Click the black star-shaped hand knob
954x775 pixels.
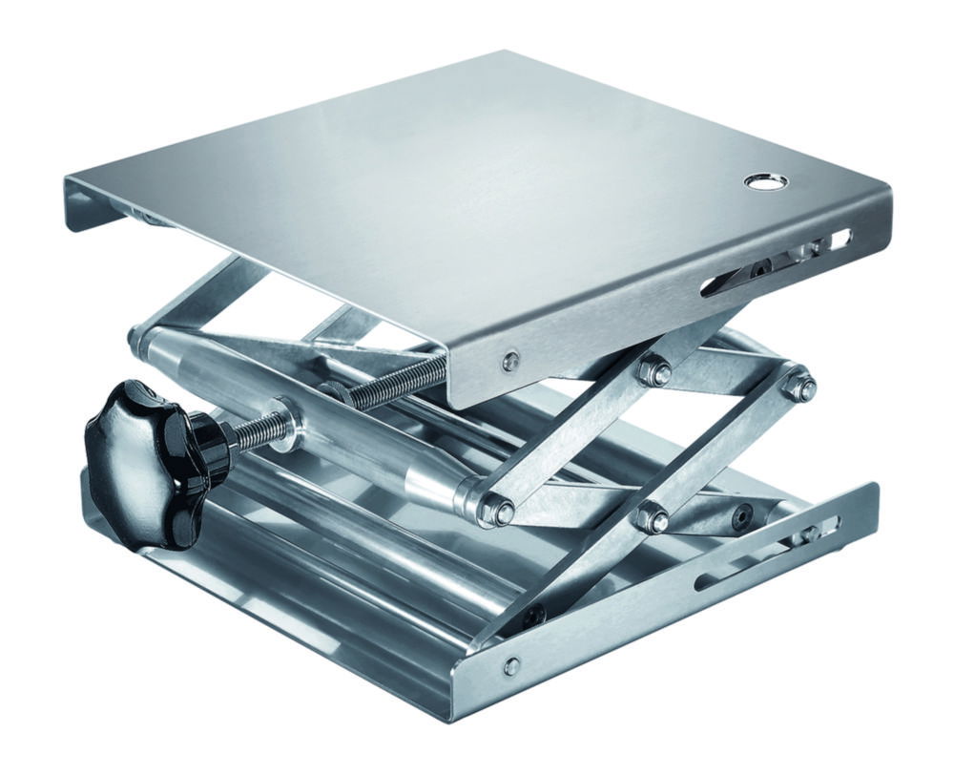[x=143, y=437]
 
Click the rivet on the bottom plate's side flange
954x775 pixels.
[x=512, y=664]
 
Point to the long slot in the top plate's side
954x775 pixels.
[x=754, y=271]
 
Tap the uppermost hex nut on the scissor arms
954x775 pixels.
[x=655, y=372]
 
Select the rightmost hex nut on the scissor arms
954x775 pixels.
[x=799, y=386]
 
